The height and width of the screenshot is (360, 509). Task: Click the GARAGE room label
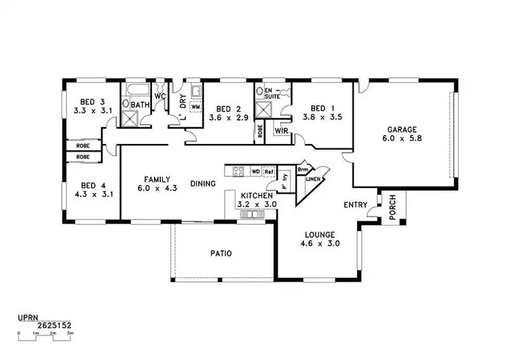coord(402,130)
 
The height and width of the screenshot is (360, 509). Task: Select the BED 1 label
coord(322,108)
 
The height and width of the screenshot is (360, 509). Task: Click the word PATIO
coord(221,254)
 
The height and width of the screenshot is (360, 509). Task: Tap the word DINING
coord(203,183)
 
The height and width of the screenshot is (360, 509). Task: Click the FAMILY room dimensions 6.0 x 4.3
coord(157,190)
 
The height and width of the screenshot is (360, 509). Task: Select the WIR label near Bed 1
coord(282,130)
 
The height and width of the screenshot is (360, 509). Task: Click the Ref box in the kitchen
coord(269,170)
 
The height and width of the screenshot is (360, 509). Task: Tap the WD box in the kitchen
coord(255,170)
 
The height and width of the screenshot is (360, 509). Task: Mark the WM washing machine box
coord(195,107)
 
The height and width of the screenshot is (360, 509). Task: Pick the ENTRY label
coord(356,205)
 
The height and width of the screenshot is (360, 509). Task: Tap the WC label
coord(160,96)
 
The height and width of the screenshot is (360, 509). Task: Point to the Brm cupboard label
coord(303,168)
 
